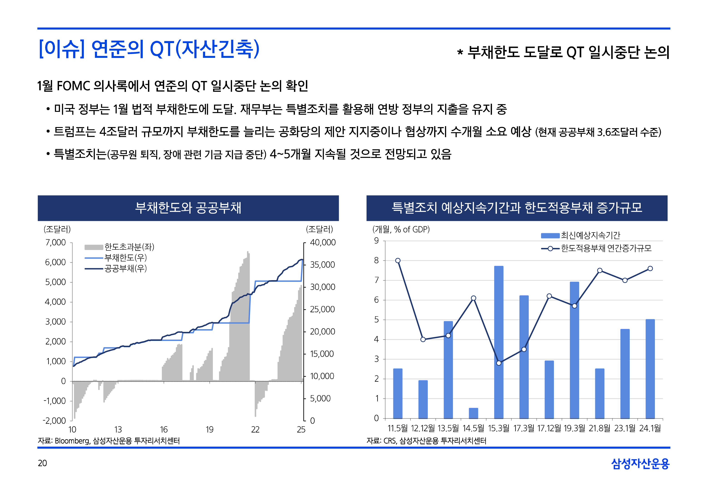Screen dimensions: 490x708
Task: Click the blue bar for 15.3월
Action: pyautogui.click(x=498, y=342)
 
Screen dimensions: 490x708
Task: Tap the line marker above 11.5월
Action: pyautogui.click(x=398, y=260)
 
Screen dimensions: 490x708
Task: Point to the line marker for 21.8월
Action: pyautogui.click(x=600, y=270)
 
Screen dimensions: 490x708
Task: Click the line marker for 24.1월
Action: pyautogui.click(x=650, y=268)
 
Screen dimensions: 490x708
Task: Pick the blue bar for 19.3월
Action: pyautogui.click(x=574, y=350)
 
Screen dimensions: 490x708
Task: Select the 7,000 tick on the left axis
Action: pyautogui.click(x=56, y=243)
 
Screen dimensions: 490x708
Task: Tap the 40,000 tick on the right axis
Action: pyautogui.click(x=322, y=243)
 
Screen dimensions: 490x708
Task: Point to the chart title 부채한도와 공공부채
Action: pyautogui.click(x=188, y=208)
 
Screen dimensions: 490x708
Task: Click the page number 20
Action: pyautogui.click(x=42, y=463)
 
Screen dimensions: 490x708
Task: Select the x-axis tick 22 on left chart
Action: pyautogui.click(x=255, y=429)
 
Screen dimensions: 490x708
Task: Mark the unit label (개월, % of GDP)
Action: pyautogui.click(x=401, y=229)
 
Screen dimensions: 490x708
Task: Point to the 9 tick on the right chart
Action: pyautogui.click(x=376, y=241)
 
